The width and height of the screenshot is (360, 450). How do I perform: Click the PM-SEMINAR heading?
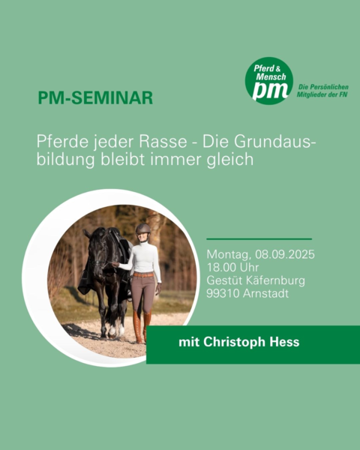[x=95, y=97]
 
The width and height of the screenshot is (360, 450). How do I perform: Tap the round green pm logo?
[x=269, y=81]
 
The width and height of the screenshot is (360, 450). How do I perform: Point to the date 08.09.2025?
[x=285, y=254]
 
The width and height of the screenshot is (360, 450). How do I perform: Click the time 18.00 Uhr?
[x=232, y=268]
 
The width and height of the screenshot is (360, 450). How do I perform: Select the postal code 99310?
[x=223, y=293]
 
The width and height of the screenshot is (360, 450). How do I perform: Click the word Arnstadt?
[x=265, y=293]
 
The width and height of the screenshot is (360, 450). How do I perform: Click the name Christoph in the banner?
[x=234, y=343]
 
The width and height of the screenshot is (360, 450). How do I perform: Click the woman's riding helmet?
[x=142, y=229]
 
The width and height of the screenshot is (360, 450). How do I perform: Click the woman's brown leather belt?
[x=143, y=274]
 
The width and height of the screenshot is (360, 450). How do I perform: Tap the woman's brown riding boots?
[x=142, y=326]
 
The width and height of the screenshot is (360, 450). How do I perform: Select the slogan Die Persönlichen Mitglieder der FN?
[x=322, y=91]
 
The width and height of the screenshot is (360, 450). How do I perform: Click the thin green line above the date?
[x=259, y=238]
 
